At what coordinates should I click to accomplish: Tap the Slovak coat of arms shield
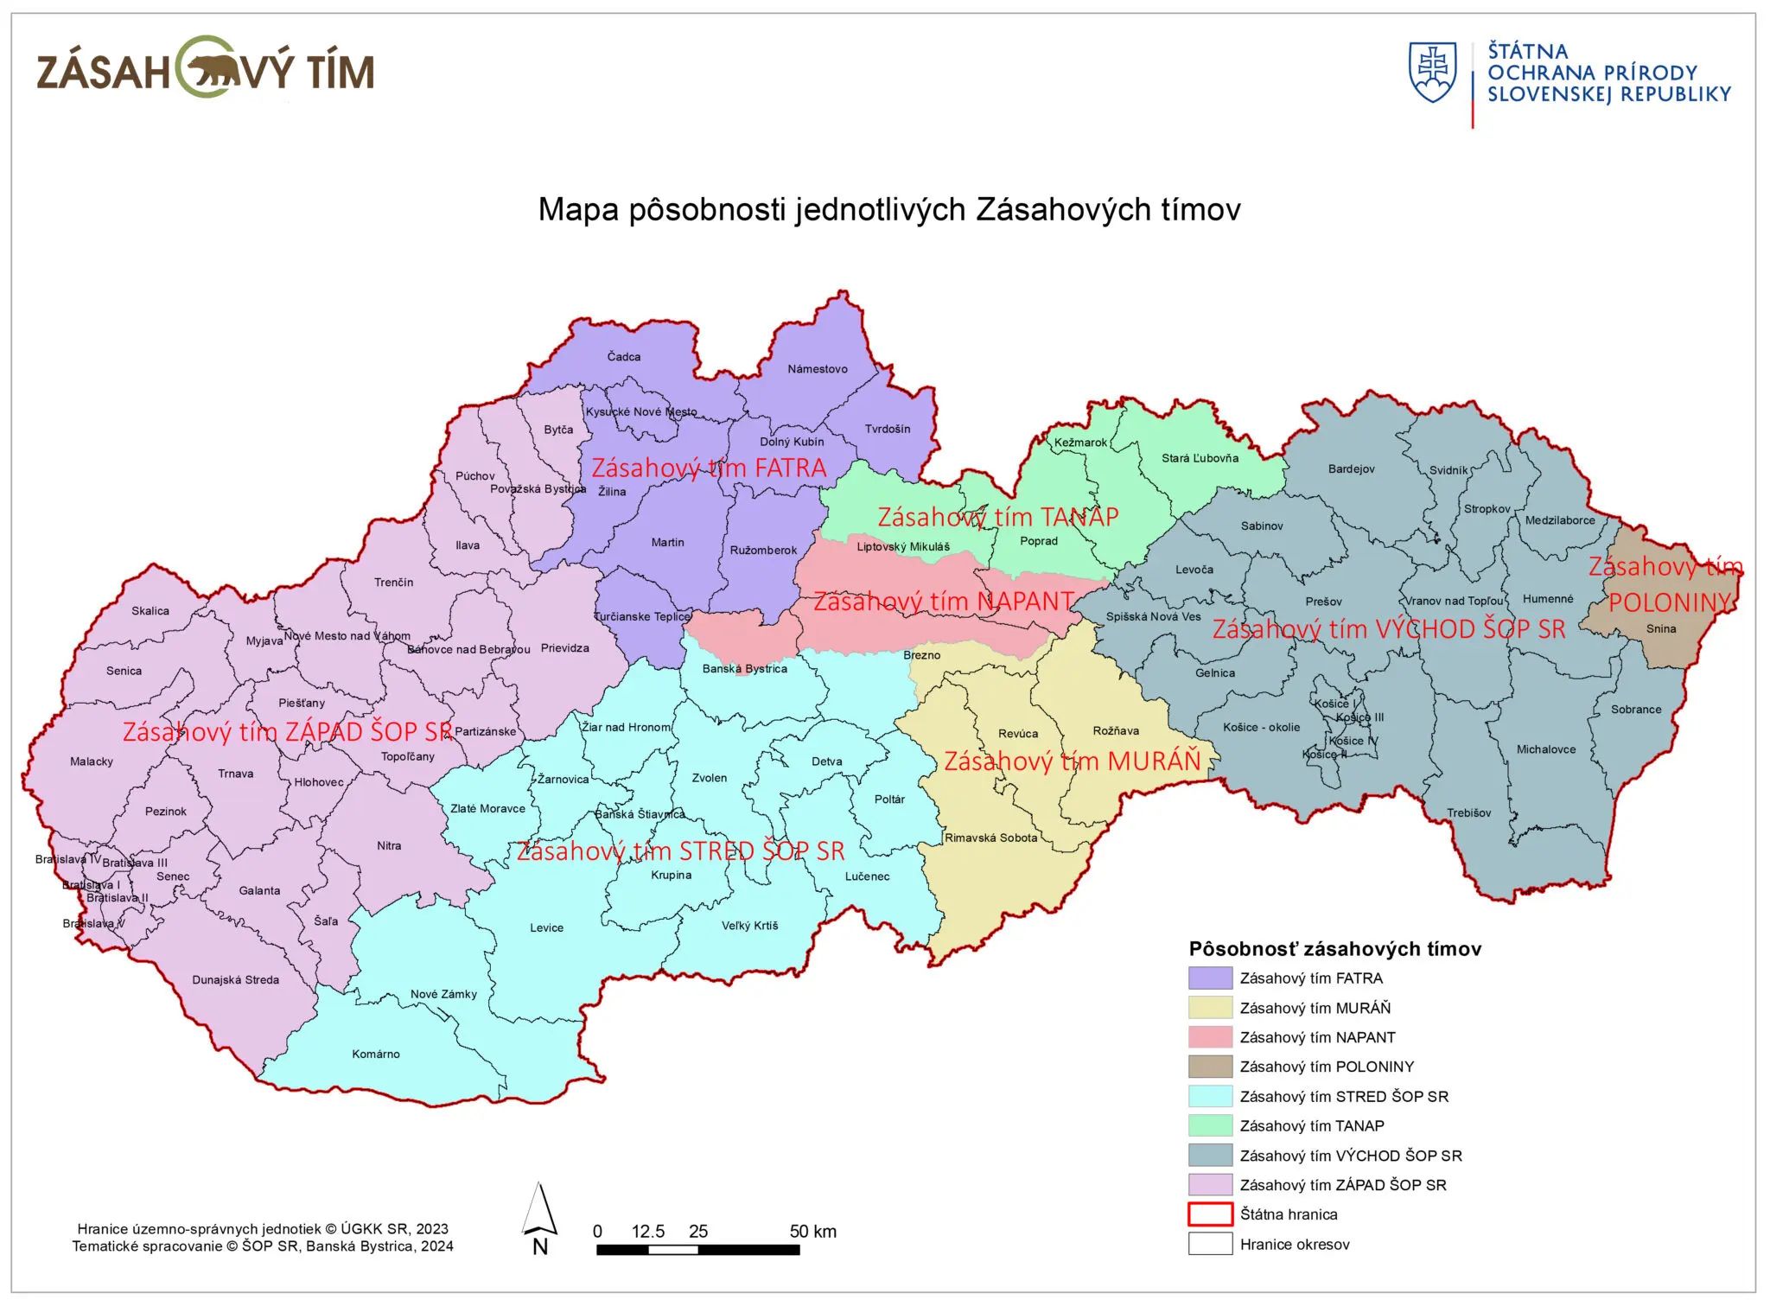(1432, 72)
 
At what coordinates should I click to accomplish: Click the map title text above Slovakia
(888, 210)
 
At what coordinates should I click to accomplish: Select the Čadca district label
(623, 357)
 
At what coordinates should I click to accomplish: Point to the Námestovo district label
(817, 369)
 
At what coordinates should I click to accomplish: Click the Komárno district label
(375, 1054)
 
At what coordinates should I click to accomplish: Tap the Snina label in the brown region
(1660, 628)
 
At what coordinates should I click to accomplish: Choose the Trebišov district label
(1468, 812)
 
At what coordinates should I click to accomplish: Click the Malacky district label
(92, 761)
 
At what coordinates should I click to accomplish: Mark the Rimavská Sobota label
(990, 838)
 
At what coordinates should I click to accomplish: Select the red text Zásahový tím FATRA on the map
(708, 468)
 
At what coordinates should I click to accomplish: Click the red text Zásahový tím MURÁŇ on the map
(1072, 761)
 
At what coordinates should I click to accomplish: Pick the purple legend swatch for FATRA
(1209, 978)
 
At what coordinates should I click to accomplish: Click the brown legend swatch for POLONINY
(1209, 1067)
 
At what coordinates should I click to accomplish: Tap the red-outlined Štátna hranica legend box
(1209, 1214)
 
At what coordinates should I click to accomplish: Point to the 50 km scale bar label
(812, 1232)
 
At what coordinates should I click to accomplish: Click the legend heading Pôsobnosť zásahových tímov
(1334, 949)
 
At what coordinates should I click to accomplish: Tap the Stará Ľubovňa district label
(1200, 458)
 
